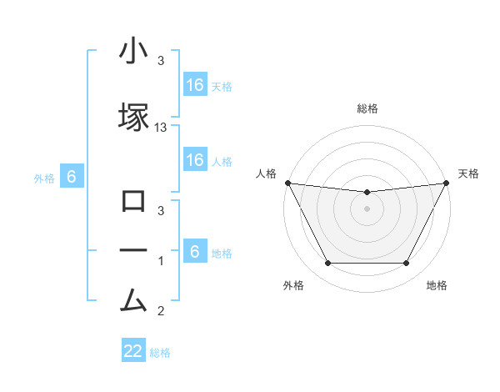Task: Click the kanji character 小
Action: (133, 53)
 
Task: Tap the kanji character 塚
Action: (133, 116)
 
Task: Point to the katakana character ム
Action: (133, 300)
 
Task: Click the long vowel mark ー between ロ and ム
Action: (133, 251)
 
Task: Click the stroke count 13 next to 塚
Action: (161, 128)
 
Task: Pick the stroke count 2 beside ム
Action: (161, 312)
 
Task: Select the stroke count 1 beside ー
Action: (161, 262)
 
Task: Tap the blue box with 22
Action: (133, 351)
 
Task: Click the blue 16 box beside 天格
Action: (195, 84)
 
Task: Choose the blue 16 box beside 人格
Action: (195, 160)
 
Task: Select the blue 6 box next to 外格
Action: (72, 177)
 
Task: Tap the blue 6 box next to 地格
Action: (195, 252)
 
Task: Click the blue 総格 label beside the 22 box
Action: (160, 353)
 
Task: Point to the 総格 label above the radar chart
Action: (367, 108)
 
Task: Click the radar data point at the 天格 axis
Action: (447, 183)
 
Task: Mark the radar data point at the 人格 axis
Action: (287, 183)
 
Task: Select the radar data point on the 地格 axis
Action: (406, 264)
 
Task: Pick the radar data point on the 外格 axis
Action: (327, 264)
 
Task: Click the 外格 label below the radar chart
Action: (293, 286)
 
